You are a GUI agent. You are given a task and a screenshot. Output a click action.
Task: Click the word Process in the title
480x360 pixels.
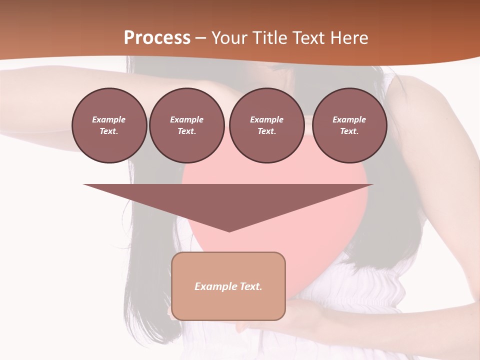click(157, 38)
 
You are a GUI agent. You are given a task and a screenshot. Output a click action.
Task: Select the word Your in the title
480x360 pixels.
click(229, 38)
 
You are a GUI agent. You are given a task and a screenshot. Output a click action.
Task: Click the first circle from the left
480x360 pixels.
click(109, 125)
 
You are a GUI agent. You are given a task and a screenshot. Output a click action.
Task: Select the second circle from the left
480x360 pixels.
click(186, 125)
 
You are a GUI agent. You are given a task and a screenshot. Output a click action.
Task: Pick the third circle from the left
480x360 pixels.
click(266, 125)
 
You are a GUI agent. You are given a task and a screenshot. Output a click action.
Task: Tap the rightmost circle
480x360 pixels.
click(349, 125)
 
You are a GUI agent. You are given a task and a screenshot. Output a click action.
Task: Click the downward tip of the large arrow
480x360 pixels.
click(229, 230)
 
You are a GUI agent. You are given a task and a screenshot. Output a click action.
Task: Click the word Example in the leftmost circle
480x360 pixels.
click(109, 119)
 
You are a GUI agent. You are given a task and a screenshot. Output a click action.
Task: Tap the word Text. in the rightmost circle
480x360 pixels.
click(349, 131)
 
